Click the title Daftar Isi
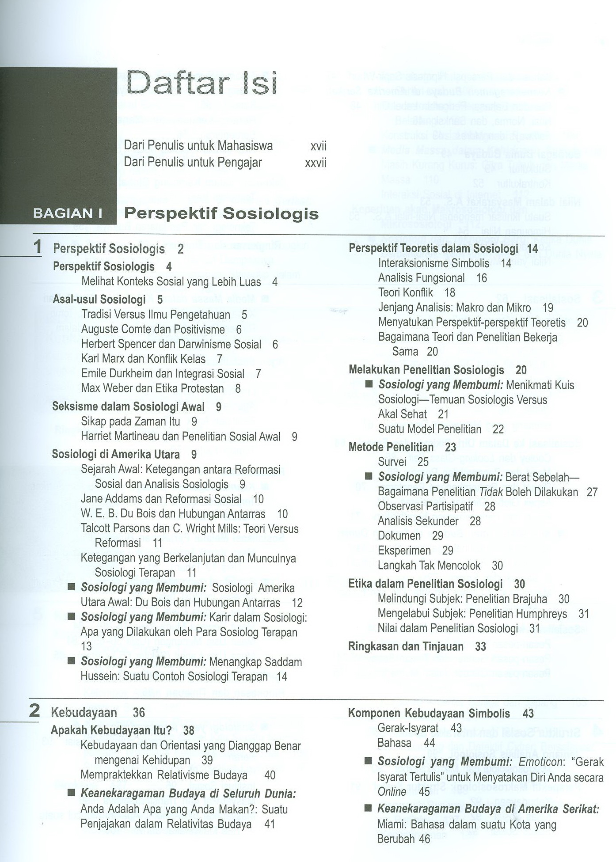pyautogui.click(x=202, y=83)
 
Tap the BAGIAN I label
pyautogui.click(x=68, y=214)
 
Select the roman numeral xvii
pyautogui.click(x=318, y=146)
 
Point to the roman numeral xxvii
pyautogui.click(x=316, y=163)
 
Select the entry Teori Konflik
pyautogui.click(x=406, y=292)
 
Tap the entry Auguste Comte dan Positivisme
pyautogui.click(x=153, y=330)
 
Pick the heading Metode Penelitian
pyautogui.click(x=391, y=447)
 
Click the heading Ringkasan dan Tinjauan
pyautogui.click(x=406, y=647)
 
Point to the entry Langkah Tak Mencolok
pyautogui.click(x=429, y=566)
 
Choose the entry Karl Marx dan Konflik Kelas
pyautogui.click(x=143, y=359)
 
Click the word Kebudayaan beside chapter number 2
pyautogui.click(x=84, y=713)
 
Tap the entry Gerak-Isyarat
pyautogui.click(x=408, y=728)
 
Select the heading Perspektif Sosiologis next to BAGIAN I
pyautogui.click(x=221, y=214)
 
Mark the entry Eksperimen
pyautogui.click(x=404, y=551)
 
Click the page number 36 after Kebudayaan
pyautogui.click(x=139, y=713)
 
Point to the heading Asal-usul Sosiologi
pyautogui.click(x=99, y=300)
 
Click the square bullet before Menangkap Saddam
pyautogui.click(x=71, y=661)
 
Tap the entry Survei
pyautogui.click(x=392, y=462)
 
